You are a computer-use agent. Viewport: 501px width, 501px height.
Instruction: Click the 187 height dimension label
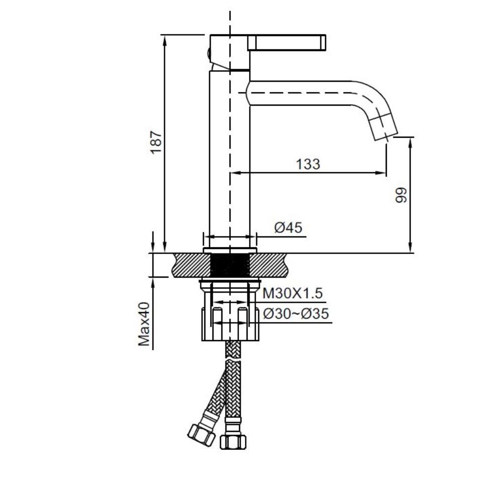point(156,142)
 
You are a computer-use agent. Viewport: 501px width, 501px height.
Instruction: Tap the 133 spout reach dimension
point(308,164)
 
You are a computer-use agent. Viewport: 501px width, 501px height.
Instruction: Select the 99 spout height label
point(402,195)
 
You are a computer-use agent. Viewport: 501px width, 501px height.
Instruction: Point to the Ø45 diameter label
point(288,227)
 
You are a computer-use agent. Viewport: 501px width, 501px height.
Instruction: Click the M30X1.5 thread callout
point(293,293)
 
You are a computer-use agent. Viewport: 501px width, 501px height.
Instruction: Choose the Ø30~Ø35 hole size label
point(296,314)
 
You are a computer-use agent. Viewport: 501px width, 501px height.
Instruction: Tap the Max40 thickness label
point(144,324)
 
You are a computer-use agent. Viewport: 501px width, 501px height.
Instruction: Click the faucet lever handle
point(287,42)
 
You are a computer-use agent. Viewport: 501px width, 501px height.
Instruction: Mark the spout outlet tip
point(386,134)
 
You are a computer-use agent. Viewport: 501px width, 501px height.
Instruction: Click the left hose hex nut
point(201,435)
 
